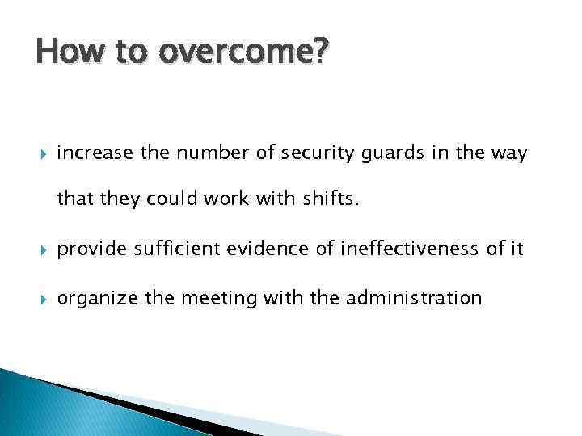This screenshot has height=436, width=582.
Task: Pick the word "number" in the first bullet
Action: [200, 152]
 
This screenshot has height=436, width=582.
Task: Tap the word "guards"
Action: [384, 152]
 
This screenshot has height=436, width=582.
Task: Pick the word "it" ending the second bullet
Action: [517, 250]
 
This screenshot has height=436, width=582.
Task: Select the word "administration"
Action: [413, 298]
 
